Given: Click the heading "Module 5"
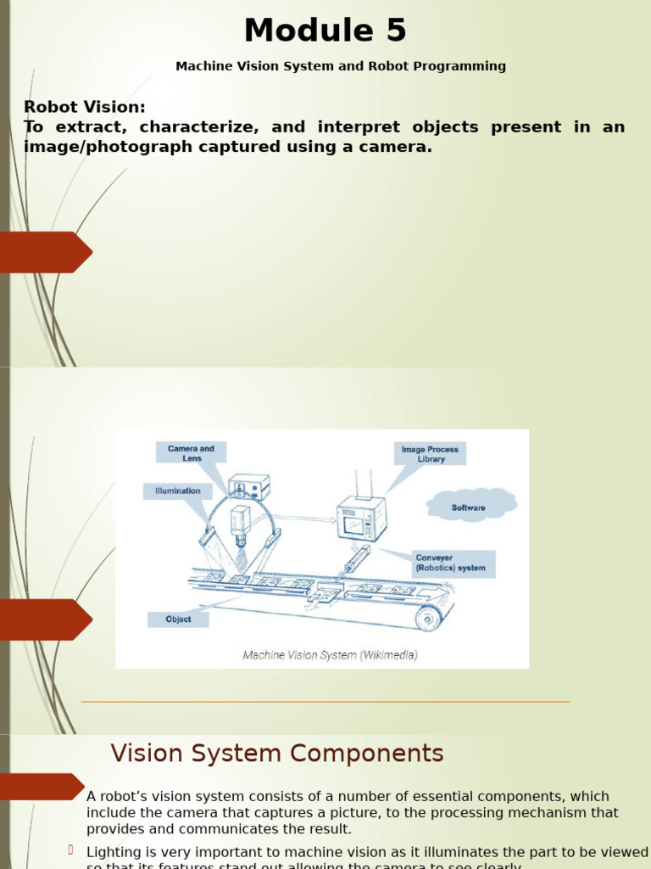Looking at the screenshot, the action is click(x=325, y=31).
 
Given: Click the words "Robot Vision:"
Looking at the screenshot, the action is click(x=85, y=107).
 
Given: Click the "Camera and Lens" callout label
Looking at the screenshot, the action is click(x=191, y=453).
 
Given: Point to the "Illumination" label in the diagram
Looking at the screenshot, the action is click(x=177, y=491).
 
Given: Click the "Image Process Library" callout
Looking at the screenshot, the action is click(x=431, y=454).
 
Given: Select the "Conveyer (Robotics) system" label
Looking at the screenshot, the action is click(x=451, y=563).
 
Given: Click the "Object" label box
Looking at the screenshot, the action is click(x=178, y=620).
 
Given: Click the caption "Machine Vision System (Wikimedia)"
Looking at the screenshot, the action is click(x=330, y=655).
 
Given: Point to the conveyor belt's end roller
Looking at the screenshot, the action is click(x=428, y=618).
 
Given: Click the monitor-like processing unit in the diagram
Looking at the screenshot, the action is click(x=361, y=518).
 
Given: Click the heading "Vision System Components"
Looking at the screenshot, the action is click(x=277, y=754).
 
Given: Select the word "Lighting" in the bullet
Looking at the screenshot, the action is click(x=114, y=851).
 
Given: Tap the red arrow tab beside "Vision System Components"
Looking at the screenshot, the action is click(x=42, y=787).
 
